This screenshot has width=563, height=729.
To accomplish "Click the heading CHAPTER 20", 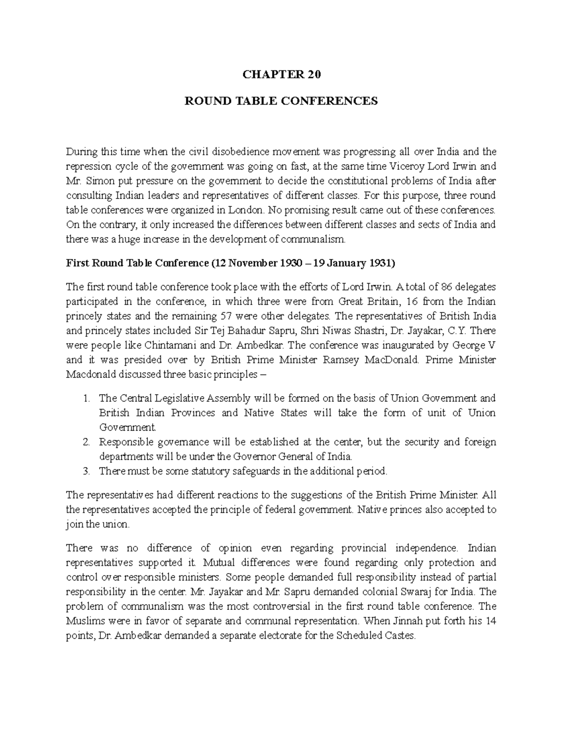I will pos(281,75).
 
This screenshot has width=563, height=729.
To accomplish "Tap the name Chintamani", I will pos(159,345).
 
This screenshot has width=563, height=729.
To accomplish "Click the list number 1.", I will pos(85,399).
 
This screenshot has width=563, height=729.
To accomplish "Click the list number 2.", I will pos(85,442).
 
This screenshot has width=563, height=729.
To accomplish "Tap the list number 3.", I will pos(85,471).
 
